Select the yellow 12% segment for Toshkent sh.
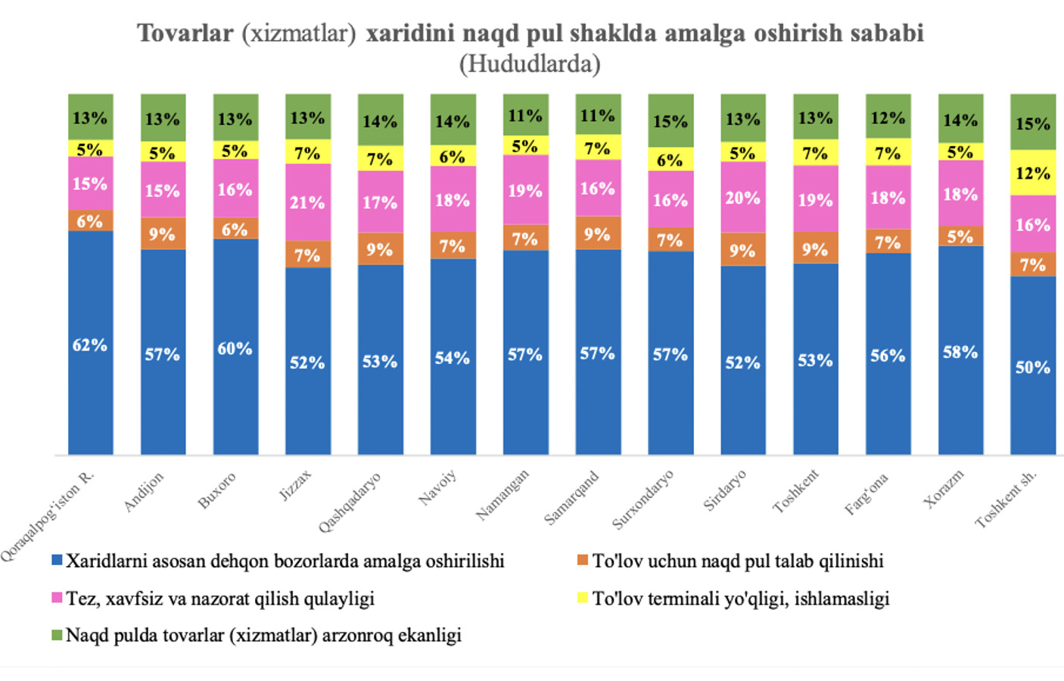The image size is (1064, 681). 1032,173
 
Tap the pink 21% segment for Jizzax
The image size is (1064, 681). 307,202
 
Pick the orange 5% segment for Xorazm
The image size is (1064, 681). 960,236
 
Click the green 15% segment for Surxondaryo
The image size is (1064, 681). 670,120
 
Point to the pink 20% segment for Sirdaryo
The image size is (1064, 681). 742,197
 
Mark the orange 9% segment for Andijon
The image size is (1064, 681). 163,234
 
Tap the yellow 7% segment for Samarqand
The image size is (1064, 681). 598,148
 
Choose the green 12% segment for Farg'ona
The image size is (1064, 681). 888,117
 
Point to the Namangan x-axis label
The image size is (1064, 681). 502,494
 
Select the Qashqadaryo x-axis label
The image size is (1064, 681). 350,502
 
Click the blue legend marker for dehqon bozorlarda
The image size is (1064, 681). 56,561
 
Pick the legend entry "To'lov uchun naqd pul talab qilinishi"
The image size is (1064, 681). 737,561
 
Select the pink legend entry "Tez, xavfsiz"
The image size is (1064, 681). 219,599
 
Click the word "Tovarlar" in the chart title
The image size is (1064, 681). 185,33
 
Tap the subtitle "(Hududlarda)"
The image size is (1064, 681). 530,64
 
